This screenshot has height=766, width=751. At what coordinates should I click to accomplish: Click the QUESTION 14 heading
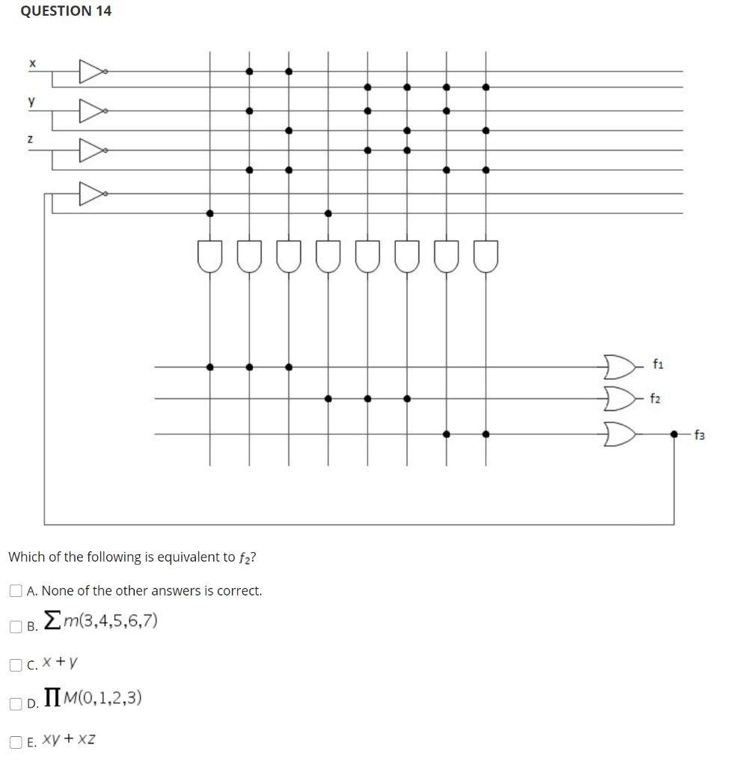tap(66, 10)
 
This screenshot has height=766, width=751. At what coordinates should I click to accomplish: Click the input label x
tap(32, 64)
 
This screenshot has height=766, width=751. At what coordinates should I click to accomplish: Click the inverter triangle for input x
tap(92, 72)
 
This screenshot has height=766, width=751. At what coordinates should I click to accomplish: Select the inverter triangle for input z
tap(92, 150)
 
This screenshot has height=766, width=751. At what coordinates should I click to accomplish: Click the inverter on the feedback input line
tap(92, 194)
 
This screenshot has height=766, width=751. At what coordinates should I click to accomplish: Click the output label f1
tap(658, 365)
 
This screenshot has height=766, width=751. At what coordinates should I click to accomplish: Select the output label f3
tap(700, 433)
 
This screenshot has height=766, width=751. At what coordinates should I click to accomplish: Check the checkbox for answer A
tap(16, 591)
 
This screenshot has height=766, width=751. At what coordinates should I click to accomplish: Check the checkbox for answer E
tap(16, 742)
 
